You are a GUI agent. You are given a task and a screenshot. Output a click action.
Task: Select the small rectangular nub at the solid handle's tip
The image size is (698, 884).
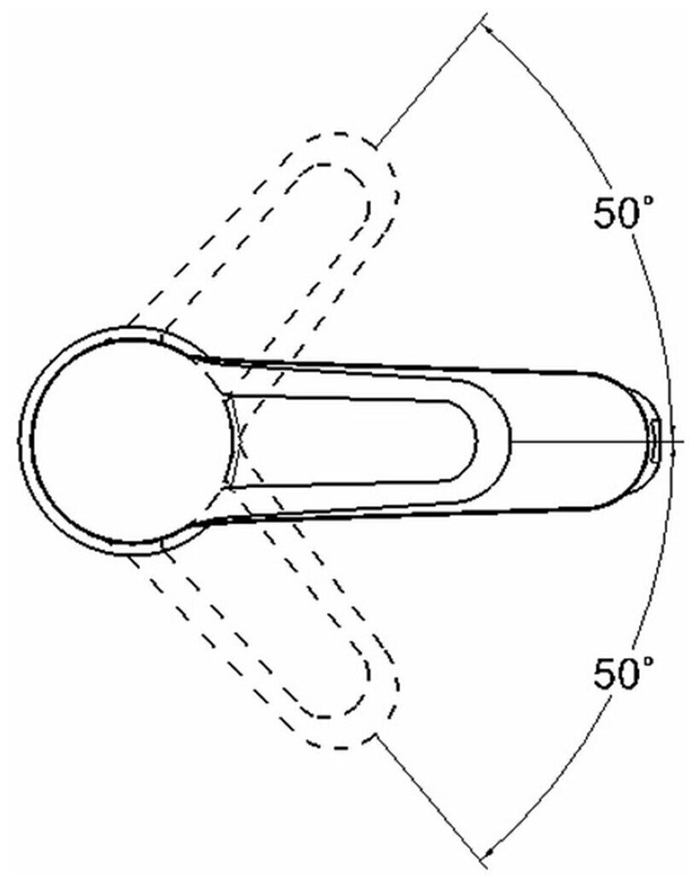[653, 441]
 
